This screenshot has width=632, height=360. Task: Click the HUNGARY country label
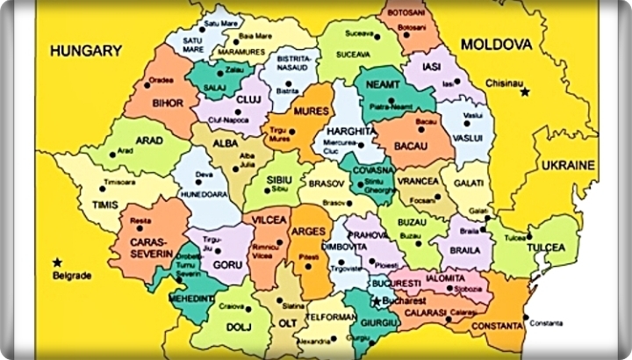point(86,52)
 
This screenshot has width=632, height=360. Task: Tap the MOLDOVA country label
point(498,43)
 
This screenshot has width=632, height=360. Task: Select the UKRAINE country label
point(568,164)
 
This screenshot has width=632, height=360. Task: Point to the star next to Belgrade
point(57,262)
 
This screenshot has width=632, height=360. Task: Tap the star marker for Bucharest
point(377,301)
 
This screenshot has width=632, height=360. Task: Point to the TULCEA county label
point(543,248)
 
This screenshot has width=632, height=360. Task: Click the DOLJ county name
point(215,329)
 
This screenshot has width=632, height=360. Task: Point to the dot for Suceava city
point(377,38)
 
